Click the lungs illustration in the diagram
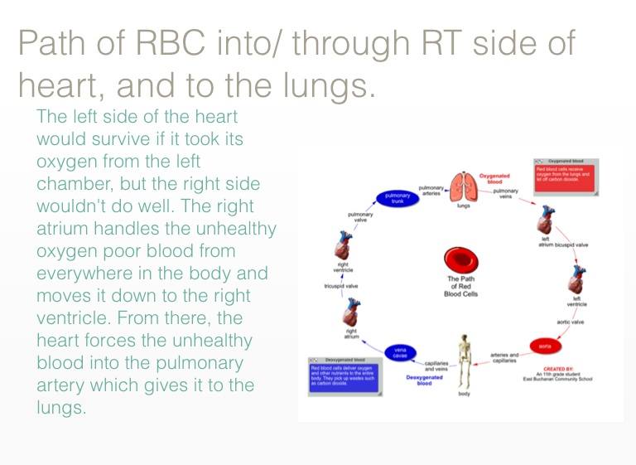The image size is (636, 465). (464, 186)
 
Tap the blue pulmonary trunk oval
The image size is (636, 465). (397, 198)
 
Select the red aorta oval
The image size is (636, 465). (545, 344)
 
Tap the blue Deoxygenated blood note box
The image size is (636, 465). (343, 372)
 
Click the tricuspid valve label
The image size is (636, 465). (340, 285)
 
